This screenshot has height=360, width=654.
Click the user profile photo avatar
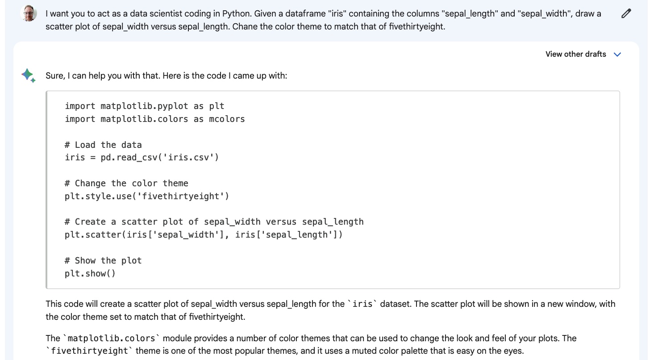[x=29, y=14]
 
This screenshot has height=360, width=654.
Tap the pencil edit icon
[x=626, y=14]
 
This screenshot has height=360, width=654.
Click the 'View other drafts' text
[x=575, y=54]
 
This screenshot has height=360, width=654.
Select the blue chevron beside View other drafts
[x=617, y=54]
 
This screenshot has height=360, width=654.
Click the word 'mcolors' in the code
[x=227, y=119]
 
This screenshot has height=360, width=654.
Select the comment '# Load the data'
[x=103, y=145]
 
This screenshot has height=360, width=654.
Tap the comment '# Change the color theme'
[x=126, y=183]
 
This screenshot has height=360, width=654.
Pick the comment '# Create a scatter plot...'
[x=214, y=222]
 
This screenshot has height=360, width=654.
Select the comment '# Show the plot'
[x=103, y=260]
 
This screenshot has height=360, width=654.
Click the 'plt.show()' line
[x=90, y=273]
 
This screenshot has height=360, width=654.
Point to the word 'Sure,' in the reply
[x=55, y=76]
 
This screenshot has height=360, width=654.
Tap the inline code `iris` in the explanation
[x=362, y=304]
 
